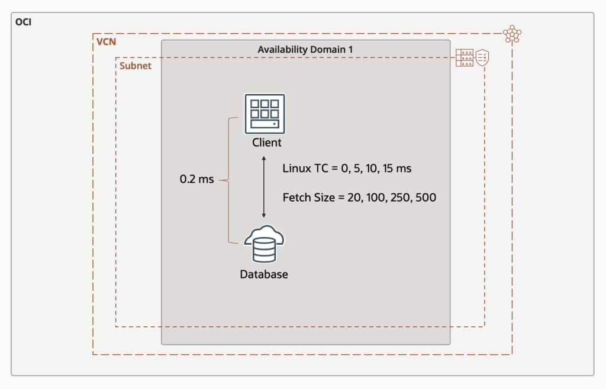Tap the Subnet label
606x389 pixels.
136,66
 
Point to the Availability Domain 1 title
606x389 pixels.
305,49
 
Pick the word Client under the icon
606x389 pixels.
267,143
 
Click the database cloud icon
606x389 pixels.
264,244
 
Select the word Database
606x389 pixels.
264,274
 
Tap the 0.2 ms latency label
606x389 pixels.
197,179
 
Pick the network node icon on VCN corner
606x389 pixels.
512,34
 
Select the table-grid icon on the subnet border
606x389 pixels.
465,58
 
